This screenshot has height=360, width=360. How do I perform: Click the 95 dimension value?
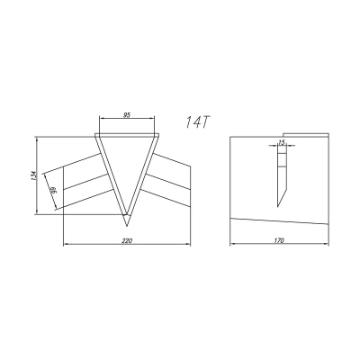pyautogui.click(x=127, y=114)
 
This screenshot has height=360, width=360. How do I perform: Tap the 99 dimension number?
pyautogui.click(x=54, y=190)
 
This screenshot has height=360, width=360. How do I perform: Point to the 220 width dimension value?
pyautogui.click(x=127, y=240)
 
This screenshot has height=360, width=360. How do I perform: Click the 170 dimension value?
pyautogui.click(x=279, y=240)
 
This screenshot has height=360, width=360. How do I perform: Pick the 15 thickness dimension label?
pyautogui.click(x=282, y=143)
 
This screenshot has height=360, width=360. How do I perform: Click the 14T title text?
pyautogui.click(x=197, y=122)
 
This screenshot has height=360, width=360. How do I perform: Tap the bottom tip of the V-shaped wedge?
pyautogui.click(x=127, y=226)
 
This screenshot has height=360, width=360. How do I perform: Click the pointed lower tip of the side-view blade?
pyautogui.click(x=278, y=207)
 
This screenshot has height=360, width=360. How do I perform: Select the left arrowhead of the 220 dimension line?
pyautogui.click(x=66, y=245)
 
